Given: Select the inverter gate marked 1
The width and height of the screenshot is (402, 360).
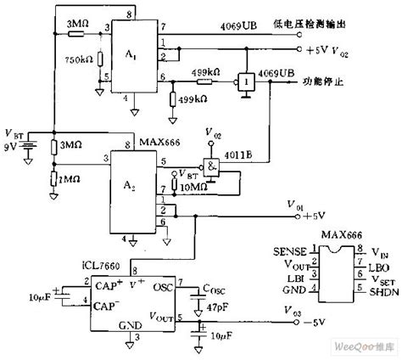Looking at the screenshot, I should pyautogui.click(x=244, y=82).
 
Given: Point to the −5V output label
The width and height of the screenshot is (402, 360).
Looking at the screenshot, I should pyautogui.click(x=316, y=323).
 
